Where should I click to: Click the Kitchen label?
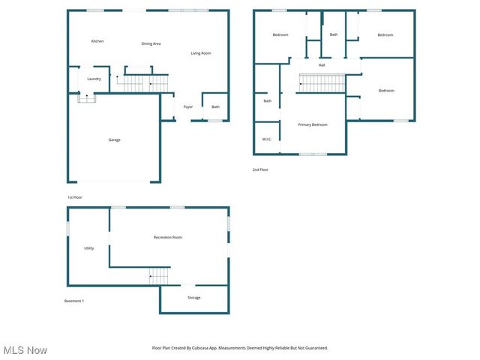[97, 41]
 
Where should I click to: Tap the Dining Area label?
[151, 43]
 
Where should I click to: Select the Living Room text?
[200, 53]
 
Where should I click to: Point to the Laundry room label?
[94, 79]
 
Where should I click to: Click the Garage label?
[114, 139]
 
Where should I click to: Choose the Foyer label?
[187, 107]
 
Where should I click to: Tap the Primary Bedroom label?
[313, 124]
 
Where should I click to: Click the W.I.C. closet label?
[267, 139]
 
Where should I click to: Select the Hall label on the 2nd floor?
[322, 65]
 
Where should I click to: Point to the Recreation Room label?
[168, 237]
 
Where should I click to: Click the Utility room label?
[88, 248]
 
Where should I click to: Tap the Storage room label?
[193, 298]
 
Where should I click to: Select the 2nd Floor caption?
[260, 170]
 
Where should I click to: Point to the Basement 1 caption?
[73, 301]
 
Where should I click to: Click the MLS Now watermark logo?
[25, 350]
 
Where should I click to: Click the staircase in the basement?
[160, 275]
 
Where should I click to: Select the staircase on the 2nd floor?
[322, 82]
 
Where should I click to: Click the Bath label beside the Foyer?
[215, 107]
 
